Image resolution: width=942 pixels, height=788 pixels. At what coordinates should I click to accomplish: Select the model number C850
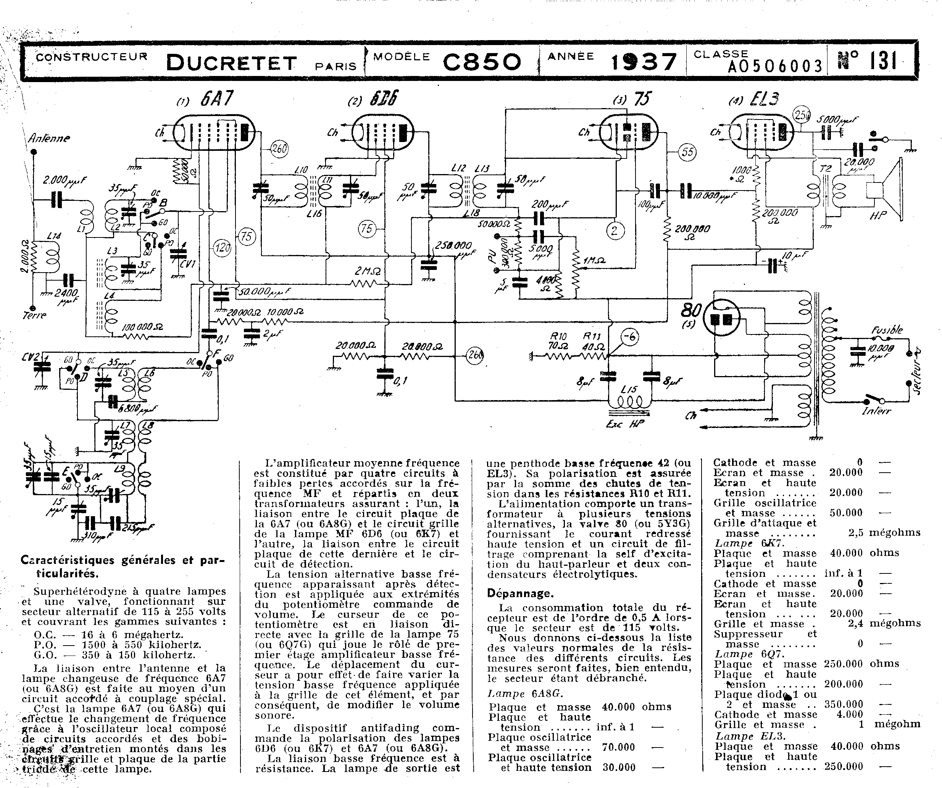482,62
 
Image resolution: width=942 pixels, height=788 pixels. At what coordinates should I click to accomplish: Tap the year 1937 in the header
644,62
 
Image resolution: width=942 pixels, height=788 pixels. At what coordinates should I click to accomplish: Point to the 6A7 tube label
217,99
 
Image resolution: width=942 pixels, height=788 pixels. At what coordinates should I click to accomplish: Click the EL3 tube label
765,99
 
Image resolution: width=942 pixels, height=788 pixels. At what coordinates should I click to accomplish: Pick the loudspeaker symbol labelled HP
886,191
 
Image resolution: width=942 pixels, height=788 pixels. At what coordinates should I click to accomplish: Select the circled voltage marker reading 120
223,247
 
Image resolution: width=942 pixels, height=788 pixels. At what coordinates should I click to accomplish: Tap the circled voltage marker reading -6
630,337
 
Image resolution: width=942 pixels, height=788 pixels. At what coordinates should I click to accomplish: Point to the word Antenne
49,138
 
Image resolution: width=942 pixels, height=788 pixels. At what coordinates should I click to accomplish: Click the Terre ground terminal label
34,315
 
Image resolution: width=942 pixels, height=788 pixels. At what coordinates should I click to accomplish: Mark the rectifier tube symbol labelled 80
721,319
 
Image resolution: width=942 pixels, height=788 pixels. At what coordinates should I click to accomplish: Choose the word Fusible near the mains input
887,330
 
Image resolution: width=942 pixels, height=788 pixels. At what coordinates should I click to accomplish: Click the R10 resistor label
558,336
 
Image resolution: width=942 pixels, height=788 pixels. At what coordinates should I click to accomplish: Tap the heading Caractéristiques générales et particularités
122,566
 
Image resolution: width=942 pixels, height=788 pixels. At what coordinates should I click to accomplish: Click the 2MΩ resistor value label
368,271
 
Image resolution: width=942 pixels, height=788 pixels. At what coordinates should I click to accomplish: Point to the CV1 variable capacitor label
187,264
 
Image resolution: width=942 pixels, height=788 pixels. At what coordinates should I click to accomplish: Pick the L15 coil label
629,389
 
